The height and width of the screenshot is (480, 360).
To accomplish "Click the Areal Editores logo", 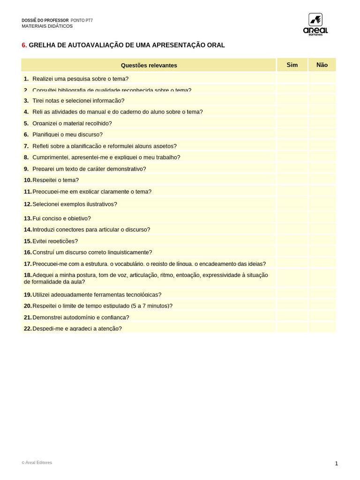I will pos(315,24).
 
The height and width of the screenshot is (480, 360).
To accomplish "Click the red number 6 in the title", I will pos(24,45).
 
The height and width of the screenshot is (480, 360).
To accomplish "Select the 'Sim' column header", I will pos(292,65).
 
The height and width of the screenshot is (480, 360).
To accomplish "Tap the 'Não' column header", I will pos(322,65).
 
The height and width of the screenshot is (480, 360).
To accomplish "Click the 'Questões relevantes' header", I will pos(149,65).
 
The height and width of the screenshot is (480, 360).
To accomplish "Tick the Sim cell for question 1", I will pos(292,78).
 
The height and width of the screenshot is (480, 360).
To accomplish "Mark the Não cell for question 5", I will pos(322,123).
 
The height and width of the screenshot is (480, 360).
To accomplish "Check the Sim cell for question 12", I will pos(292,204).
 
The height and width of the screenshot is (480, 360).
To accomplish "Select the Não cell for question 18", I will pos(322,278).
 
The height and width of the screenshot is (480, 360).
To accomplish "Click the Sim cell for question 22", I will pos(292,328).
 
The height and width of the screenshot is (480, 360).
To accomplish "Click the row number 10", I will pos(28,180).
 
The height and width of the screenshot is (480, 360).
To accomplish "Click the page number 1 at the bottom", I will pos(336,464).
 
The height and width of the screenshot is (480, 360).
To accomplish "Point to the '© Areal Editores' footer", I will pos(37,463).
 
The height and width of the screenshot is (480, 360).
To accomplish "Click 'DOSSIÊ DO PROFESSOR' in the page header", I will pos(45,21).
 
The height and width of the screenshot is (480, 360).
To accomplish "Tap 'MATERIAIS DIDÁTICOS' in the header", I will pos(47,26).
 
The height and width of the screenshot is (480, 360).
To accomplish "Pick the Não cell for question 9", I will pos(322,168).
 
